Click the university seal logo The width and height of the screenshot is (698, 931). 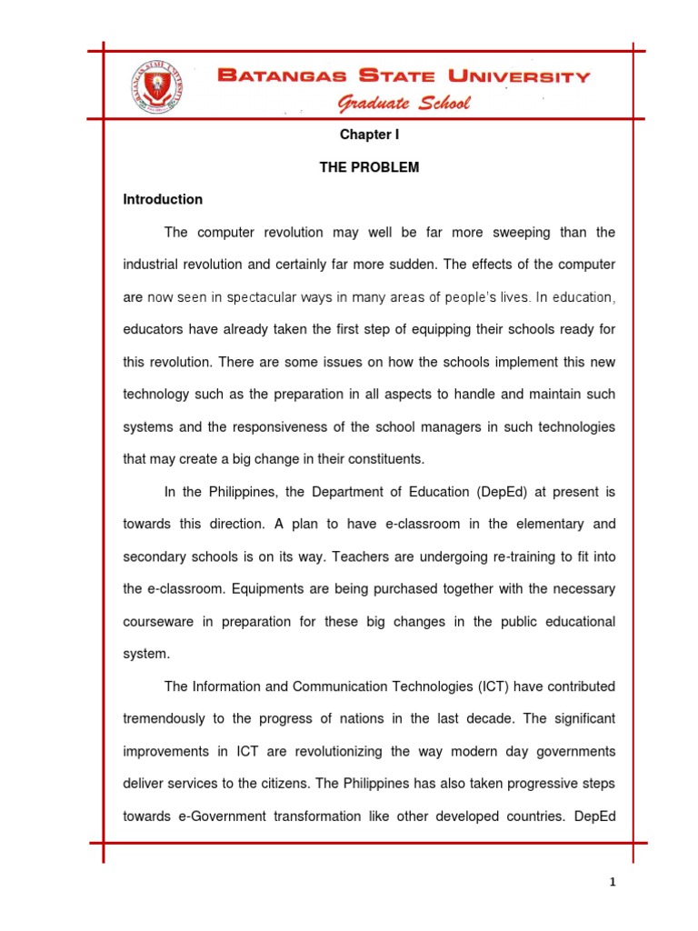[155, 85]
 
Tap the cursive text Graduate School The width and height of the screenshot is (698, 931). [404, 103]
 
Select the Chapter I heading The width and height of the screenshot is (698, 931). [369, 134]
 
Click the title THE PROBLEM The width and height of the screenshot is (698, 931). [369, 168]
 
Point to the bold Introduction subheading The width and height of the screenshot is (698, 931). [163, 199]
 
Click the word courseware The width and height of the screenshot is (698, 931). [160, 621]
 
